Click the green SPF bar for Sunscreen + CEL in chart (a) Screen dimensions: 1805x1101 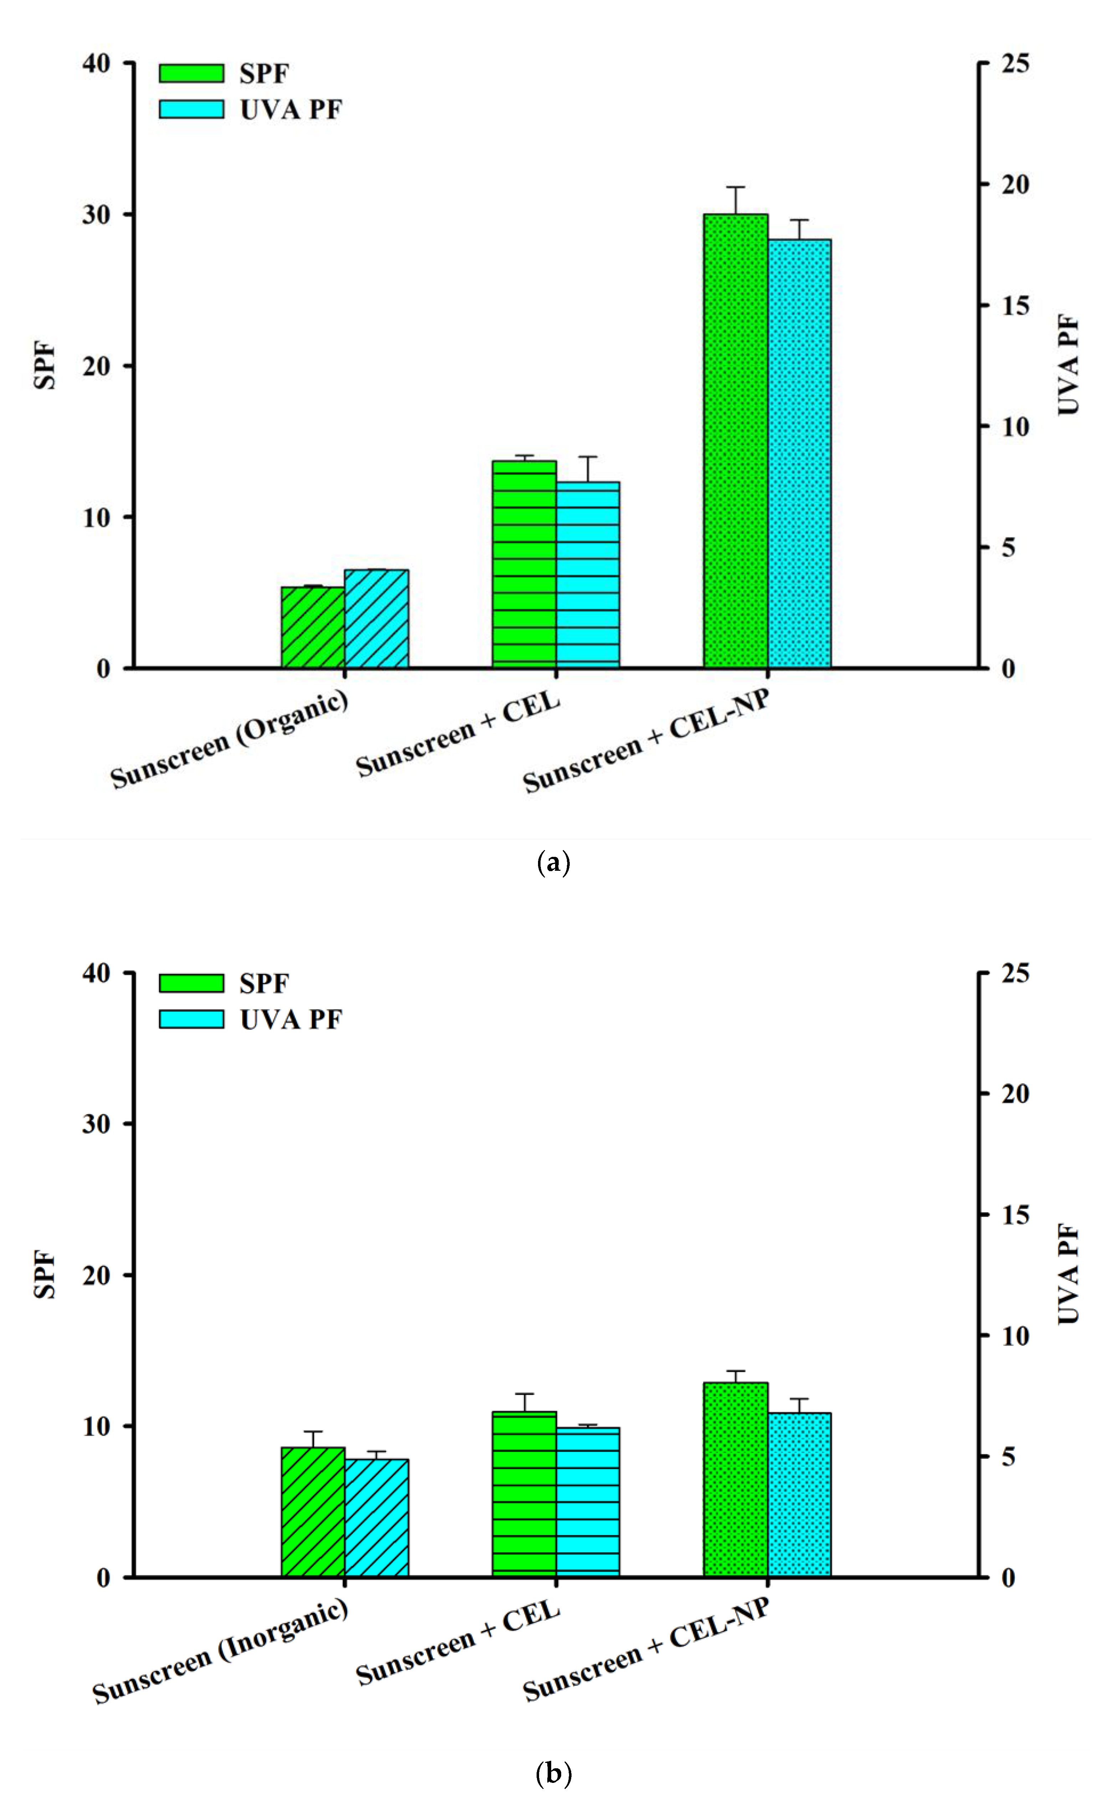coord(524,564)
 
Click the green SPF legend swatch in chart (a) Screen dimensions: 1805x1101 coord(191,73)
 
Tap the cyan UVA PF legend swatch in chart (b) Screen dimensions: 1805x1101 coord(191,1019)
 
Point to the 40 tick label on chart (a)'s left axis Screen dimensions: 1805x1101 coord(96,64)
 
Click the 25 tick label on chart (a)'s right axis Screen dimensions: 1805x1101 coord(1015,64)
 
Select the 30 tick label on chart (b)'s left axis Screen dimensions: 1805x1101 coord(96,1124)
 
